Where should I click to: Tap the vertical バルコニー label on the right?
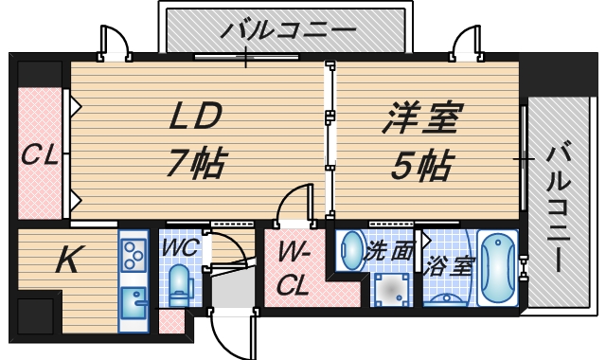pos(560,205)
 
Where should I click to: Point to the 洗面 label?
pos(390,251)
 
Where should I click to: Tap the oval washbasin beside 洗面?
pos(351,252)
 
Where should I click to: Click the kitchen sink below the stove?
pos(133,306)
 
